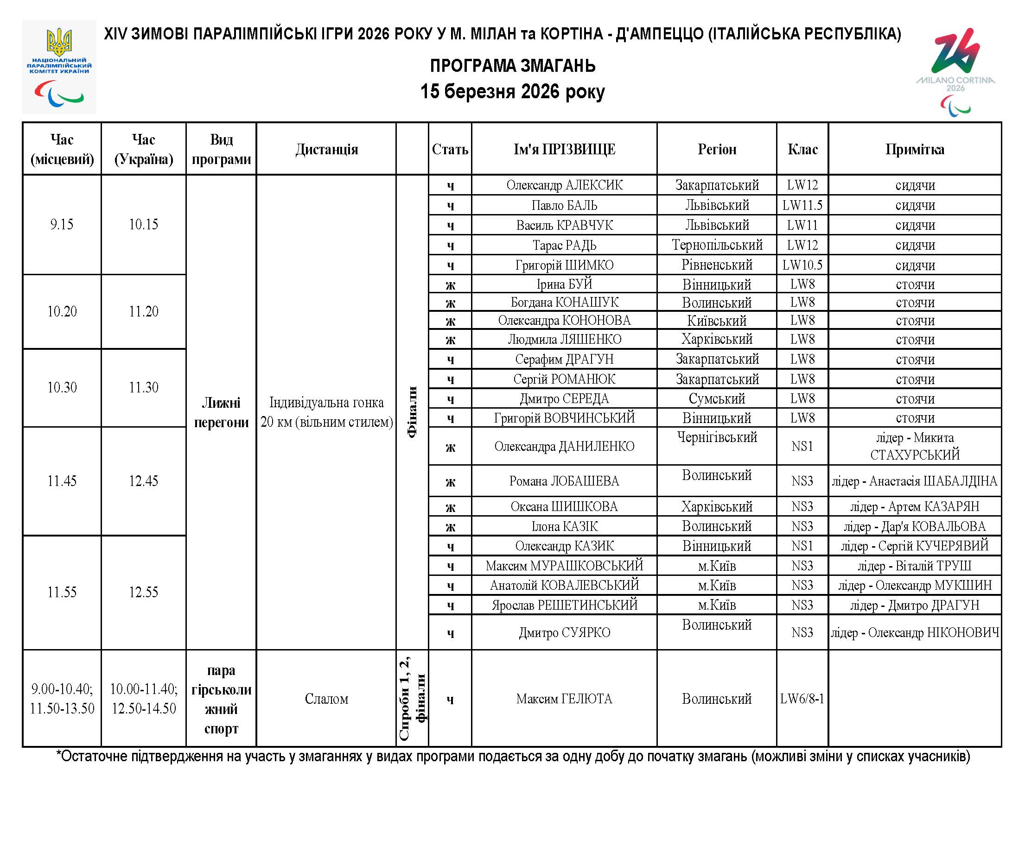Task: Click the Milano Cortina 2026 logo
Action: click(x=955, y=71)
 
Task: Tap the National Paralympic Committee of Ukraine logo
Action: click(x=59, y=67)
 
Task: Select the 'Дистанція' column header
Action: click(x=326, y=149)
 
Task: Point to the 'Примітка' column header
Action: click(x=914, y=149)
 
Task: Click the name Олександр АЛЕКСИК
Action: click(x=564, y=185)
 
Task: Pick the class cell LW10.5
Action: click(x=802, y=265)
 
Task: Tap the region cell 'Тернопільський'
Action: click(x=716, y=245)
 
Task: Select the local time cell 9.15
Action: click(x=62, y=224)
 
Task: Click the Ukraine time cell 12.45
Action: click(x=143, y=481)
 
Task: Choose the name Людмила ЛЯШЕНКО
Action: click(x=564, y=339)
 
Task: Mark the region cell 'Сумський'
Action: click(x=716, y=398)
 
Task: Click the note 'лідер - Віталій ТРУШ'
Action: click(x=914, y=566)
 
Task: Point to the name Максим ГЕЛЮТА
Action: click(x=564, y=699)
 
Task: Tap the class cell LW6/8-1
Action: click(x=802, y=699)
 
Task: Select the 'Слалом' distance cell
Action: click(x=326, y=699)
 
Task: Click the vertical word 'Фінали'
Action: click(x=412, y=412)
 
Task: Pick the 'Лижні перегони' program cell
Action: click(x=221, y=412)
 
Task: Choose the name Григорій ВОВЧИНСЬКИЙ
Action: click(x=564, y=417)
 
